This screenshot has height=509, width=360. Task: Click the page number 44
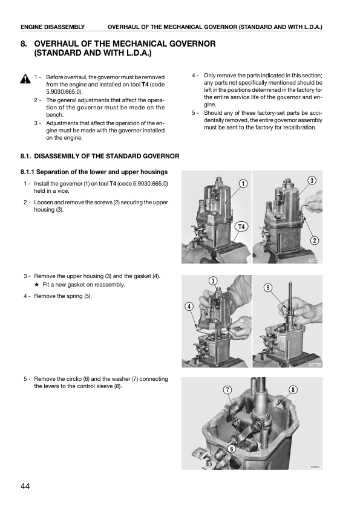tap(25, 486)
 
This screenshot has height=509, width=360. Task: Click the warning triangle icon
tap(25, 79)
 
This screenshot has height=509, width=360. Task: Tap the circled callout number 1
tap(243, 184)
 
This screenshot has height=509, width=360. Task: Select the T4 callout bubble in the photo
tap(241, 227)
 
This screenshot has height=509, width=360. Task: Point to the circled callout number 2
tap(314, 241)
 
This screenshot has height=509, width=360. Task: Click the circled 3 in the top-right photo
tap(312, 181)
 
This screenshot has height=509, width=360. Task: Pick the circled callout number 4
tap(189, 306)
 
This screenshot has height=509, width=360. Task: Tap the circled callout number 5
tap(267, 288)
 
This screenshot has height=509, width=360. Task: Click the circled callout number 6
tap(231, 449)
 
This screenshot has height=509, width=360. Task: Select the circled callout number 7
tap(227, 390)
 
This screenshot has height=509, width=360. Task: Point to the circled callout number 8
tap(293, 390)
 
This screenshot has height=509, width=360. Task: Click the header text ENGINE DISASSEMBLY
tap(53, 27)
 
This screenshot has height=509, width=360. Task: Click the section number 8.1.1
tap(27, 172)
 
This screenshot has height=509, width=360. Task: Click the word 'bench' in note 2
tap(54, 115)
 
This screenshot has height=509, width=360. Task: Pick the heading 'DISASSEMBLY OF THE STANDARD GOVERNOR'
tap(106, 156)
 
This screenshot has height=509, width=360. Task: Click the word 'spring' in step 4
tap(74, 296)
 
